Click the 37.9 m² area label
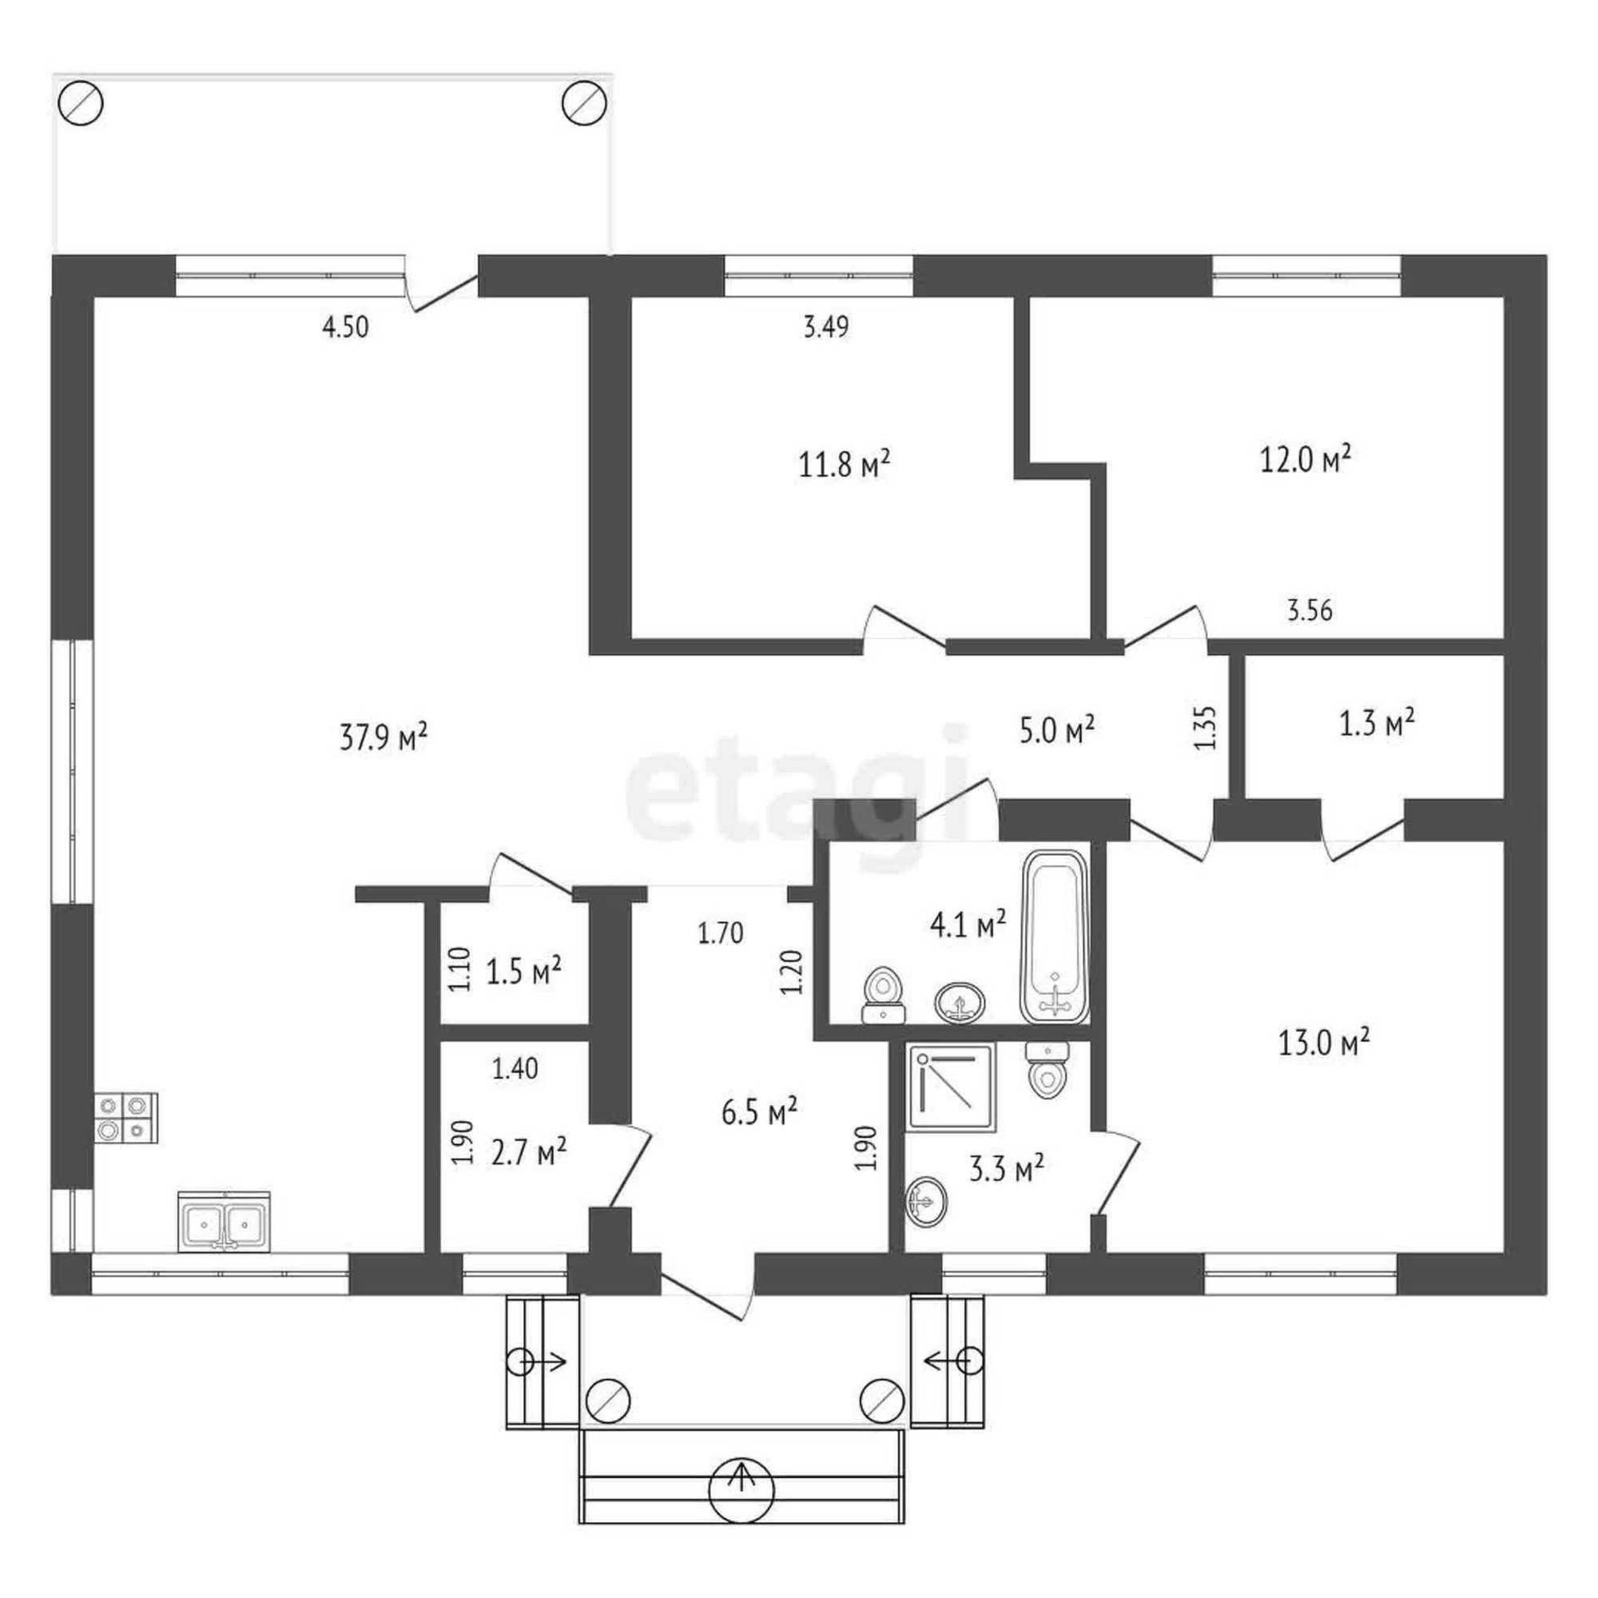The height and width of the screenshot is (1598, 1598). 383,736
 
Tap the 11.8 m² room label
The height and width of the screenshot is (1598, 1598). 844,464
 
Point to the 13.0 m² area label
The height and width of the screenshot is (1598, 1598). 1324,1042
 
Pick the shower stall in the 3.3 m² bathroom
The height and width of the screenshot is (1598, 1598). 951,1086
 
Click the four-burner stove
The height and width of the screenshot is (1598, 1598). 126,1119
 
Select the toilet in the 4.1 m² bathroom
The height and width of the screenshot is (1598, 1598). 884,995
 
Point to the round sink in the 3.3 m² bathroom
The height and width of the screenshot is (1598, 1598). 927,1202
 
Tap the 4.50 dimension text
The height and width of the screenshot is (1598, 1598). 346,328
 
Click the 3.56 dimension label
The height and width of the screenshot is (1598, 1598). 1310,610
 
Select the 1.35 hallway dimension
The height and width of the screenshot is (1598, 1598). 1206,727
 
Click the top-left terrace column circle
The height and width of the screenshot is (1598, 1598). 81,104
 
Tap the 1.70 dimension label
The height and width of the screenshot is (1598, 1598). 721,933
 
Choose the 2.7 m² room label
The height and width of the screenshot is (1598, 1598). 528,1151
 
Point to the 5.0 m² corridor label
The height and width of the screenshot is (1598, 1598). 1057,730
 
